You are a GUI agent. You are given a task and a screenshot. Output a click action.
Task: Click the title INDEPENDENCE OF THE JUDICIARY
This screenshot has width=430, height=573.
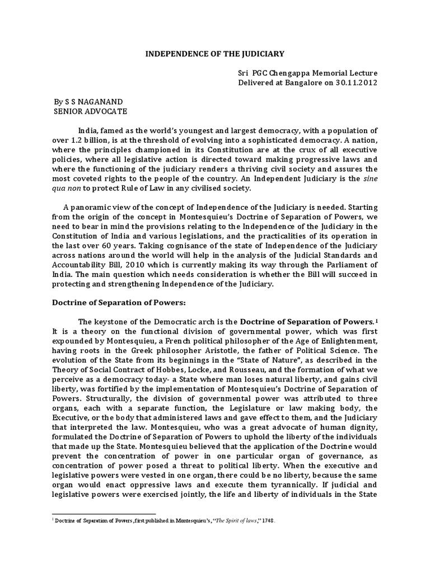coord(215,54)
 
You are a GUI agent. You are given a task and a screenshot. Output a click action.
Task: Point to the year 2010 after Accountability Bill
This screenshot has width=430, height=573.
coord(140,267)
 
